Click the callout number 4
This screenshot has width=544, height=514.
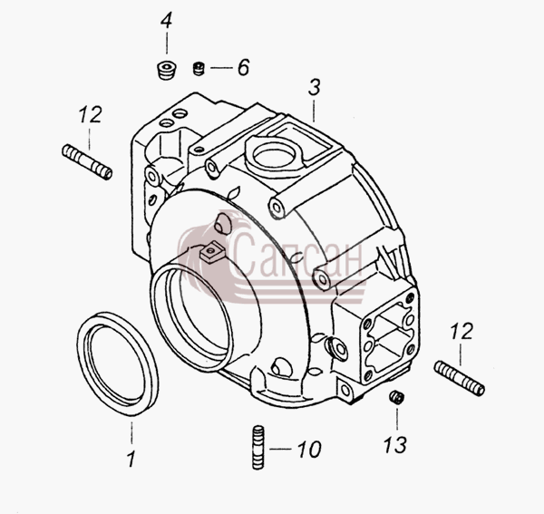(x=166, y=21)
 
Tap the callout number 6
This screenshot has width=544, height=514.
(x=243, y=67)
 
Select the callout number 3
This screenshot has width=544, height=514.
(x=315, y=87)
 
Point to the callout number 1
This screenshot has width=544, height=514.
(x=131, y=459)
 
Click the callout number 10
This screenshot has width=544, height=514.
(x=309, y=449)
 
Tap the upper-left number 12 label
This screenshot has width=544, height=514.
(x=90, y=114)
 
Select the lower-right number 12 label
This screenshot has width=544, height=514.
(x=461, y=331)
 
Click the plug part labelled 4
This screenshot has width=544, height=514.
(x=166, y=70)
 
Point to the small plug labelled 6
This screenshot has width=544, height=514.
(x=199, y=68)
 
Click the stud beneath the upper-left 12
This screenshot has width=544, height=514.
(x=87, y=162)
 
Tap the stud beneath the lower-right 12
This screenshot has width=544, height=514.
(x=460, y=378)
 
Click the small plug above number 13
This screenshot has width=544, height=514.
(x=396, y=397)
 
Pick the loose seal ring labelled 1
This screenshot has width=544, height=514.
(x=118, y=364)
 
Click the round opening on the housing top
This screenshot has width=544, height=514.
(x=275, y=155)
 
